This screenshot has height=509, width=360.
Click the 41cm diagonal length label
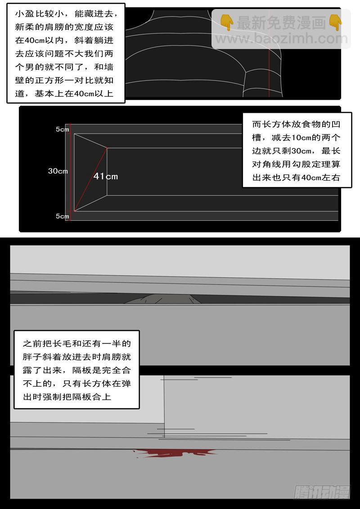click(106, 176)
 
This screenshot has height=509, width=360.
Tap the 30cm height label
click(58, 171)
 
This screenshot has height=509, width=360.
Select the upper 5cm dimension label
click(63, 129)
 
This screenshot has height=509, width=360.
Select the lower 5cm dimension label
click(63, 216)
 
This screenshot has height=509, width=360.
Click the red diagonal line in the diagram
click(90, 179)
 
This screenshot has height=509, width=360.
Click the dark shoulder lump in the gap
click(162, 299)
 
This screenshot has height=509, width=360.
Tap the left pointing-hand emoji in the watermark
click(226, 23)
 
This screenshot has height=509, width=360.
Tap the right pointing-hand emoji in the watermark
click(335, 23)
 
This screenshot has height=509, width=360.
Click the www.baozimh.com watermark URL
click(281, 39)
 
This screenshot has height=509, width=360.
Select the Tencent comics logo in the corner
click(322, 492)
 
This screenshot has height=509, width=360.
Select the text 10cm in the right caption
click(301, 138)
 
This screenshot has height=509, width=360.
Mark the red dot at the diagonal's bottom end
click(74, 211)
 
